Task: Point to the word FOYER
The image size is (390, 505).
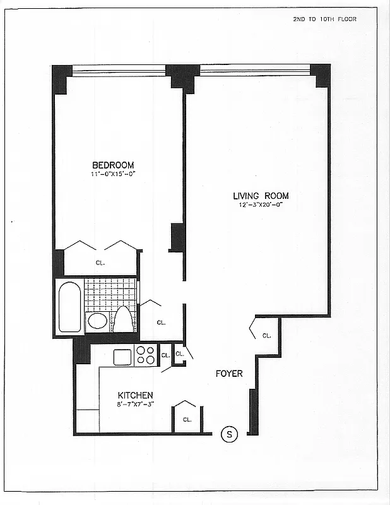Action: tap(229, 374)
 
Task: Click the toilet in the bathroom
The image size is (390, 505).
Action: tap(124, 319)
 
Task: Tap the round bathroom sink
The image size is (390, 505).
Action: tap(97, 321)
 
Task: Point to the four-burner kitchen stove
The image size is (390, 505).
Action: tap(145, 355)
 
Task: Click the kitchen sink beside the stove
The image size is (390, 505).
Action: tap(122, 357)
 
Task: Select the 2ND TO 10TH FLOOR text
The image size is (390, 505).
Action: tap(324, 20)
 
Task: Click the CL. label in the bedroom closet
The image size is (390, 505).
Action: tap(100, 263)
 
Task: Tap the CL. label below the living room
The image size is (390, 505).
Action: tap(266, 336)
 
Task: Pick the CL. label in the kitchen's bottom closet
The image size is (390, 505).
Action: tap(187, 419)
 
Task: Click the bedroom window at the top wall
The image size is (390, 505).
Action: tap(119, 70)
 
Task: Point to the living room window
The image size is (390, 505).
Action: tap(254, 69)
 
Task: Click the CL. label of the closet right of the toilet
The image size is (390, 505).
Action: tap(161, 323)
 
